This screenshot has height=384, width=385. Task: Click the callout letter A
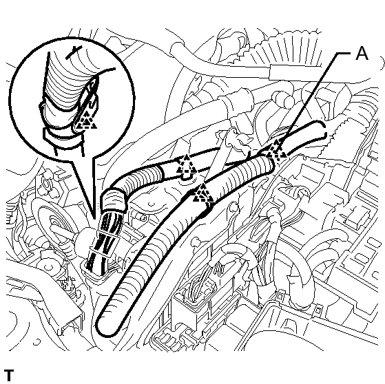tap(362, 54)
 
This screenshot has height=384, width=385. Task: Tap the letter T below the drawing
tap(9, 375)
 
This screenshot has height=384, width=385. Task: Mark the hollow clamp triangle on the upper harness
tap(187, 164)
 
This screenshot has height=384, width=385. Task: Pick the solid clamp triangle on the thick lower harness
tap(203, 193)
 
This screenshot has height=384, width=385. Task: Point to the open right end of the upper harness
tap(323, 130)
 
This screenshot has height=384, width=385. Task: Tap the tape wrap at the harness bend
tap(114, 200)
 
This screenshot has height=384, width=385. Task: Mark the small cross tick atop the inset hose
tap(74, 52)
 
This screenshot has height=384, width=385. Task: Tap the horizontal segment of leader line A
tap(346, 53)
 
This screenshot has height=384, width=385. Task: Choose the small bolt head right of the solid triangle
tap(234, 207)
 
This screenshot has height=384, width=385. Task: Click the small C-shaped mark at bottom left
tap(38, 342)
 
